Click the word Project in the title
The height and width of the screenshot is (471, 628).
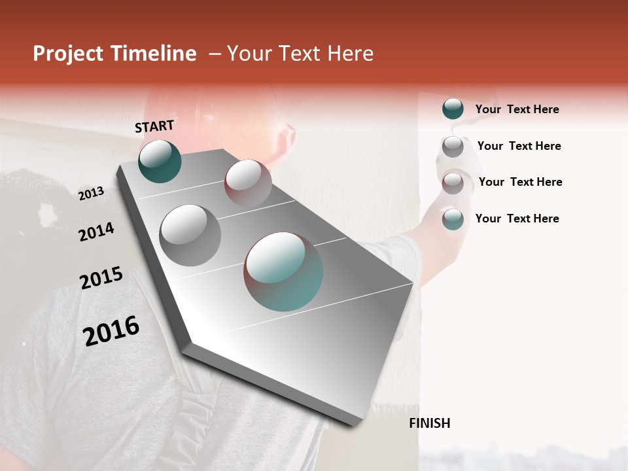(68, 54)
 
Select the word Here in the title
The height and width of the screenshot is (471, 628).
(349, 54)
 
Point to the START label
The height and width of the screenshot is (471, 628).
(154, 126)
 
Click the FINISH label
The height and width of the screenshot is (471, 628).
(429, 423)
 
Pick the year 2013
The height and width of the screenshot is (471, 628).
(91, 194)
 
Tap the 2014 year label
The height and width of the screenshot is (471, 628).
(96, 232)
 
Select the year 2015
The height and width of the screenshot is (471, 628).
(101, 278)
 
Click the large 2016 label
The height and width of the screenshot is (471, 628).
(111, 330)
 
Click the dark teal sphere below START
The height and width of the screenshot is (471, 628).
(160, 161)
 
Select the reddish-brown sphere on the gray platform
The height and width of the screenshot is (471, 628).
(248, 183)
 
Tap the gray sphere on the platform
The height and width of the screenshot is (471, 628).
(190, 235)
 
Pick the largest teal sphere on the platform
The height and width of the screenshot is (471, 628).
(283, 271)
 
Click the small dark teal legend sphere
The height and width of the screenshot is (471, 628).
(453, 109)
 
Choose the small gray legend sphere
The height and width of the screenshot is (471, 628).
(453, 146)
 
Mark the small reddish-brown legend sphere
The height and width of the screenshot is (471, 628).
(453, 183)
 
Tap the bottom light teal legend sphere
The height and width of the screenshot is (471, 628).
(453, 219)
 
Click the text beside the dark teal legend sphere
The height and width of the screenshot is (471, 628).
(517, 109)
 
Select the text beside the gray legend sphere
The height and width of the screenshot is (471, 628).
(519, 146)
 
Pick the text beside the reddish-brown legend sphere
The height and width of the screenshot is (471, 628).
(520, 182)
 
